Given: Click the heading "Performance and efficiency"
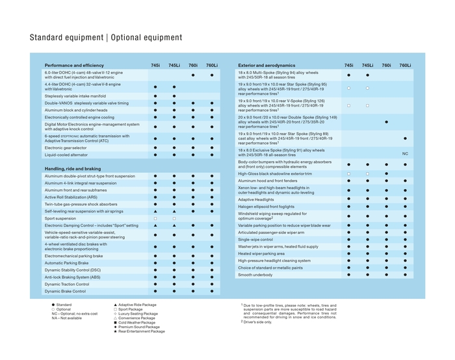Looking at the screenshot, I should pos(74,66).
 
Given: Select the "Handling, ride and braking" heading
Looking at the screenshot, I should pos(73,169).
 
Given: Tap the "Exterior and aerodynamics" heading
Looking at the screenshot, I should pos(266,66).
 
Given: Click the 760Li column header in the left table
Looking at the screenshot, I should pos(212,66).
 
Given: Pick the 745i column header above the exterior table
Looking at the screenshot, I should pos(348,66).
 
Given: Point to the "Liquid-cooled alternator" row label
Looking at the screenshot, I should pos(67,155).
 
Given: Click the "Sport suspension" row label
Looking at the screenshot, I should pos(60,218).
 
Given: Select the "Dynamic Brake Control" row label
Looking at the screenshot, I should pos(65,292).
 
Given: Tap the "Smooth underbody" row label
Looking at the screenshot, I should pos(256,275).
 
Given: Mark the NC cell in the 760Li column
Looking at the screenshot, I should pos(405,154).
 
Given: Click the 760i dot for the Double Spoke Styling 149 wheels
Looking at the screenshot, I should pos(386,122).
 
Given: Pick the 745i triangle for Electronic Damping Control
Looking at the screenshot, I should pos(155,225).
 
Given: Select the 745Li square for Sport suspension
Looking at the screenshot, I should pos(174,218).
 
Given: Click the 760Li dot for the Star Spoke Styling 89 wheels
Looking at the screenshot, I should pos(405,138).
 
